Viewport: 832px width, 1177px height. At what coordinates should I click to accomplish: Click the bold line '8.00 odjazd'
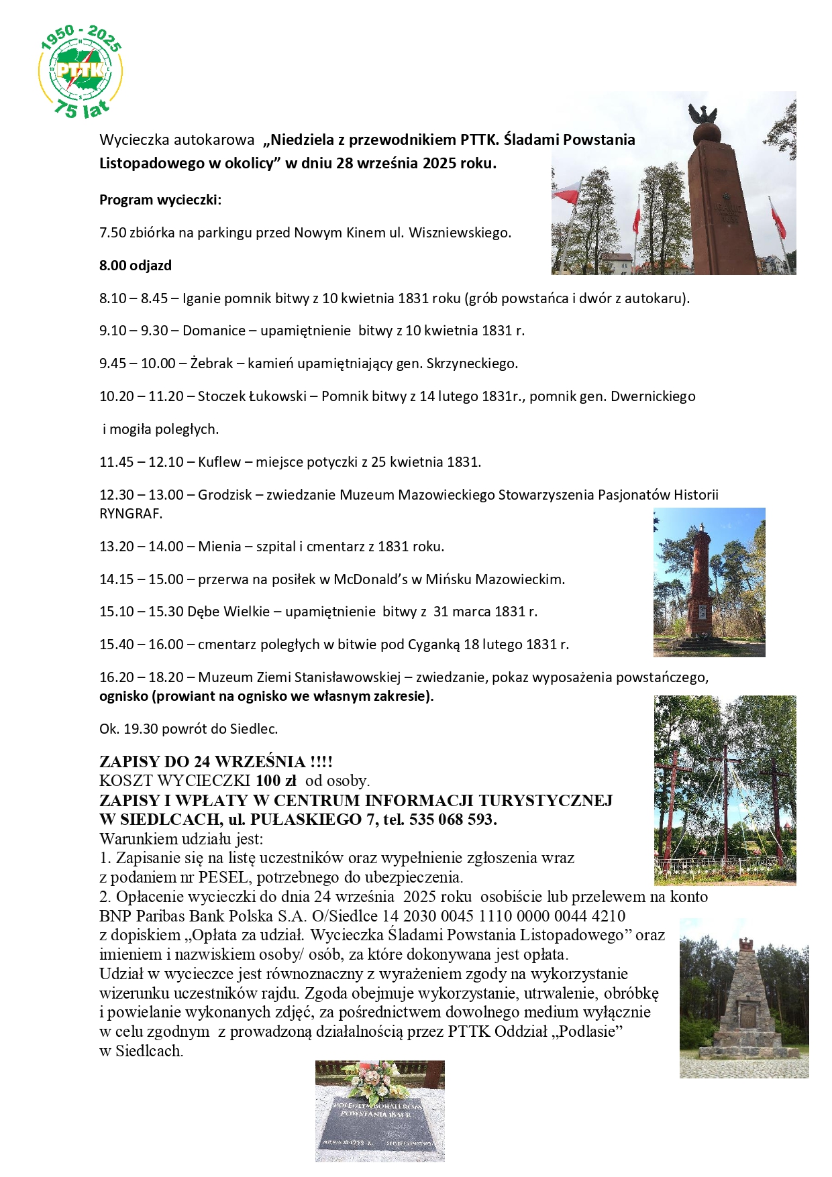(x=136, y=266)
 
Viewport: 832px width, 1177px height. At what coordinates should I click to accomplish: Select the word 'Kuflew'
(x=219, y=462)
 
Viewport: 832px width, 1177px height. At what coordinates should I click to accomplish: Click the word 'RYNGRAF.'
(x=131, y=514)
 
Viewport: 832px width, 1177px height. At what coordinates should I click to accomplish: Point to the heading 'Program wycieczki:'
(x=160, y=200)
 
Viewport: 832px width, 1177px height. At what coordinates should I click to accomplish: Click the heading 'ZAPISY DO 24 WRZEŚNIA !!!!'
(x=216, y=762)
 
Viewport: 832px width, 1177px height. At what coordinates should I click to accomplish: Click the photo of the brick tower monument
(x=709, y=582)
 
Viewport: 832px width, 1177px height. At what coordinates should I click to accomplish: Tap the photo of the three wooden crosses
(x=725, y=790)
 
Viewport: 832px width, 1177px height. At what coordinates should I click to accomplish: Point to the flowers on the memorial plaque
(x=377, y=1077)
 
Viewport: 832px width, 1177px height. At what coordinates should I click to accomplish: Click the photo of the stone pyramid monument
(x=743, y=998)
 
